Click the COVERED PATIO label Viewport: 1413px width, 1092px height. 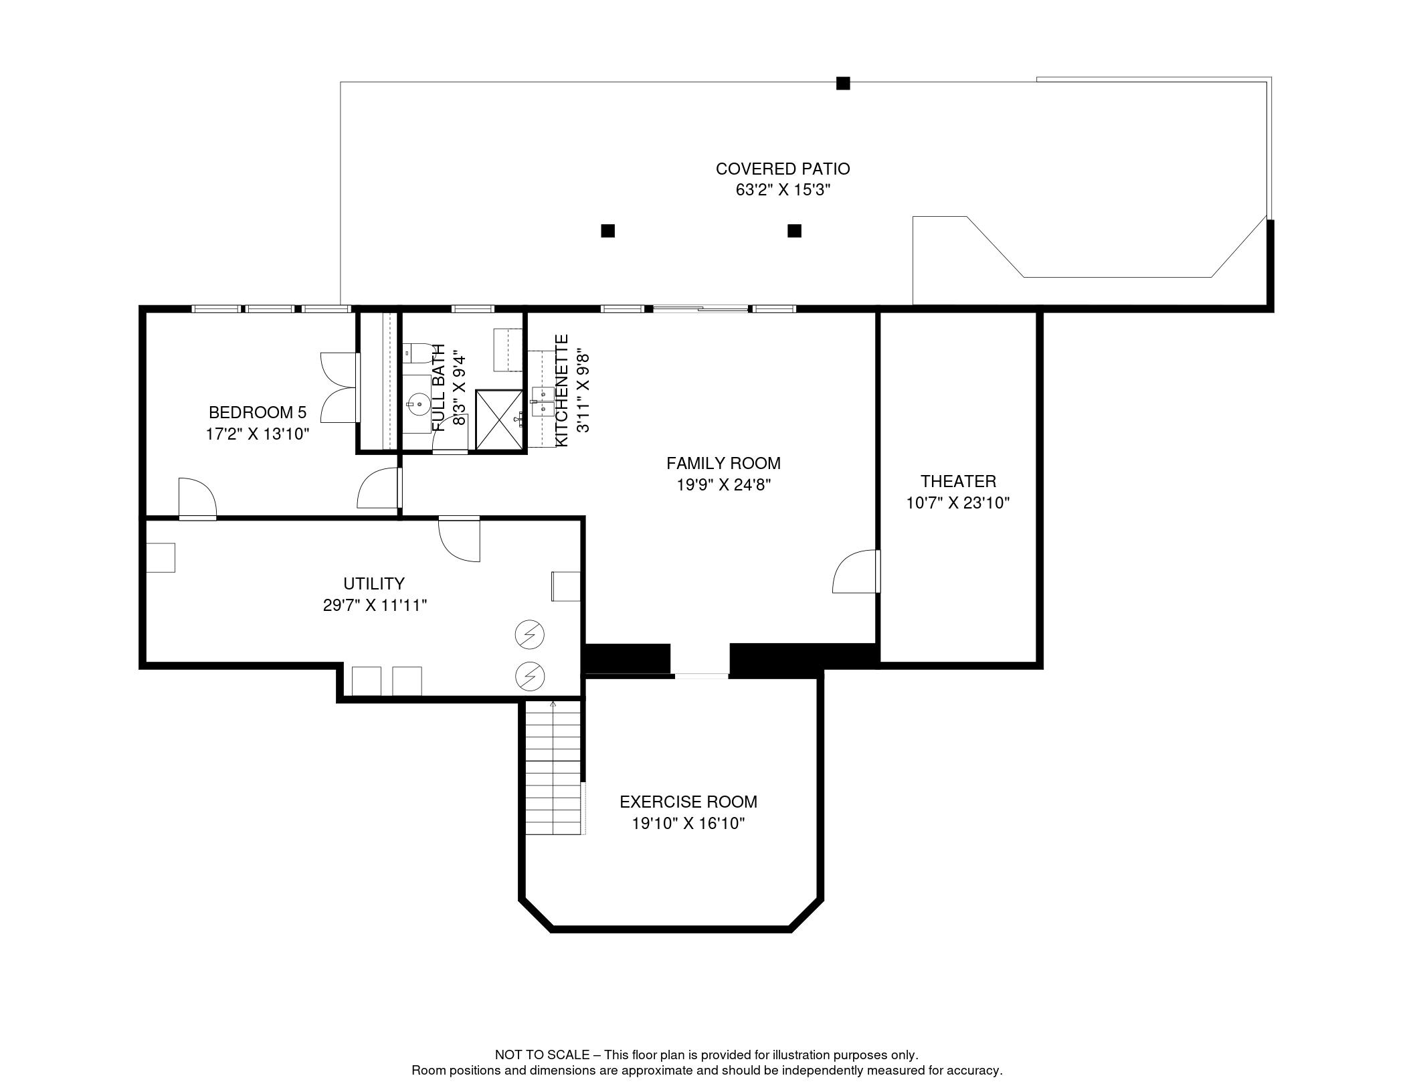(x=782, y=169)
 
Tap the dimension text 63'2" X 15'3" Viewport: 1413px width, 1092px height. (x=782, y=190)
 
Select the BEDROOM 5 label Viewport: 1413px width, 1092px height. (x=257, y=412)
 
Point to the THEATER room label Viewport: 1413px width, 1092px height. (x=957, y=481)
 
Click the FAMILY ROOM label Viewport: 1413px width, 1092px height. (x=723, y=463)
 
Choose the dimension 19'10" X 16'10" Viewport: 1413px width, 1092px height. (x=688, y=823)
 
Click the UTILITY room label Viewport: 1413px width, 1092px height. (x=373, y=583)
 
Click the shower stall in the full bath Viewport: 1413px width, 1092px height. (x=498, y=420)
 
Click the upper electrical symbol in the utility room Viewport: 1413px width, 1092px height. (x=529, y=634)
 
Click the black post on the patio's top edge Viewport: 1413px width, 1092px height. (x=843, y=84)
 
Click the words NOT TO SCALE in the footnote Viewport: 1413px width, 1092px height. (x=542, y=1055)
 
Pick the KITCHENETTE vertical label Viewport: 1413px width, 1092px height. (x=562, y=391)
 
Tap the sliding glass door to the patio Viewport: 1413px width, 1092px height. (x=700, y=308)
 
